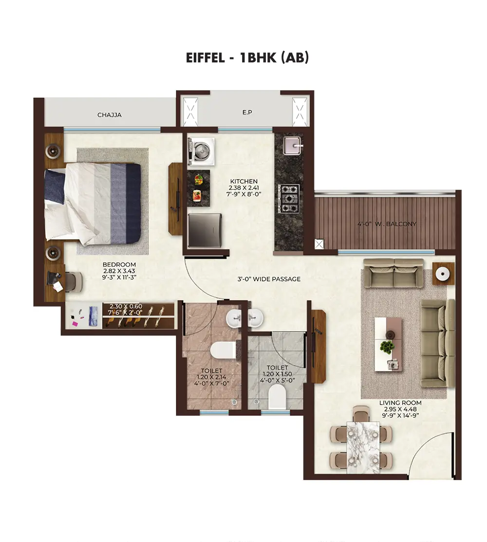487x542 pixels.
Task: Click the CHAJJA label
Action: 109,115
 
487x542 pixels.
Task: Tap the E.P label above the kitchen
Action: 247,112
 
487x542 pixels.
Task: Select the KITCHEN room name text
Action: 243,181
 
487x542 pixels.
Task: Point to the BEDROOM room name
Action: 119,264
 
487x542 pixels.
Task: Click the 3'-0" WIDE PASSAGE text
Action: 269,279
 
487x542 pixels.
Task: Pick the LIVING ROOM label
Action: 400,403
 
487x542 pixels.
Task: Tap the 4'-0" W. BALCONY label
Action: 387,224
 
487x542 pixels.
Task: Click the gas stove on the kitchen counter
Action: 289,198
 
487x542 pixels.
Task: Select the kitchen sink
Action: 293,146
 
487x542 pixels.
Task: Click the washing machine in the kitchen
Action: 201,151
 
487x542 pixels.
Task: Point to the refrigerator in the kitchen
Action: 205,230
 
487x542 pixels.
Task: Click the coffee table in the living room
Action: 389,344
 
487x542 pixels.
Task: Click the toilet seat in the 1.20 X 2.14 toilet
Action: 223,350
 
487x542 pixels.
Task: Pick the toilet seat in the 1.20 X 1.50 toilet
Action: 277,396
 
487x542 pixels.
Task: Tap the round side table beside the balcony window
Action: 443,274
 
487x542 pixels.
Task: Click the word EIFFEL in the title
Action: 206,58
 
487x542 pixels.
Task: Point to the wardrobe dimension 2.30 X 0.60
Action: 126,306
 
